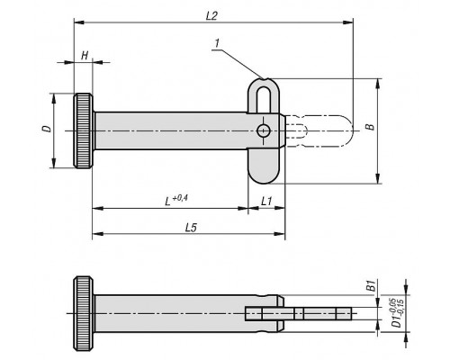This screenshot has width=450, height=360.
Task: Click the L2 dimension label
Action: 211,15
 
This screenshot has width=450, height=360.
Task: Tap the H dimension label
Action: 85,55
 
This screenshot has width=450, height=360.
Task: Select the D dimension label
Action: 47,129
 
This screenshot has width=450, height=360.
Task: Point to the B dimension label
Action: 372,127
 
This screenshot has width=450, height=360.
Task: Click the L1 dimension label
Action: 266,201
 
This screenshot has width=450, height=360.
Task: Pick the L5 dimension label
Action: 191,228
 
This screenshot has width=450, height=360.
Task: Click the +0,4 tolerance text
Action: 180,197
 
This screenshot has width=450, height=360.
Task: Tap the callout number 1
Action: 217,43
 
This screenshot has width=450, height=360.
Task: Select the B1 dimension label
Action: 372,285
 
